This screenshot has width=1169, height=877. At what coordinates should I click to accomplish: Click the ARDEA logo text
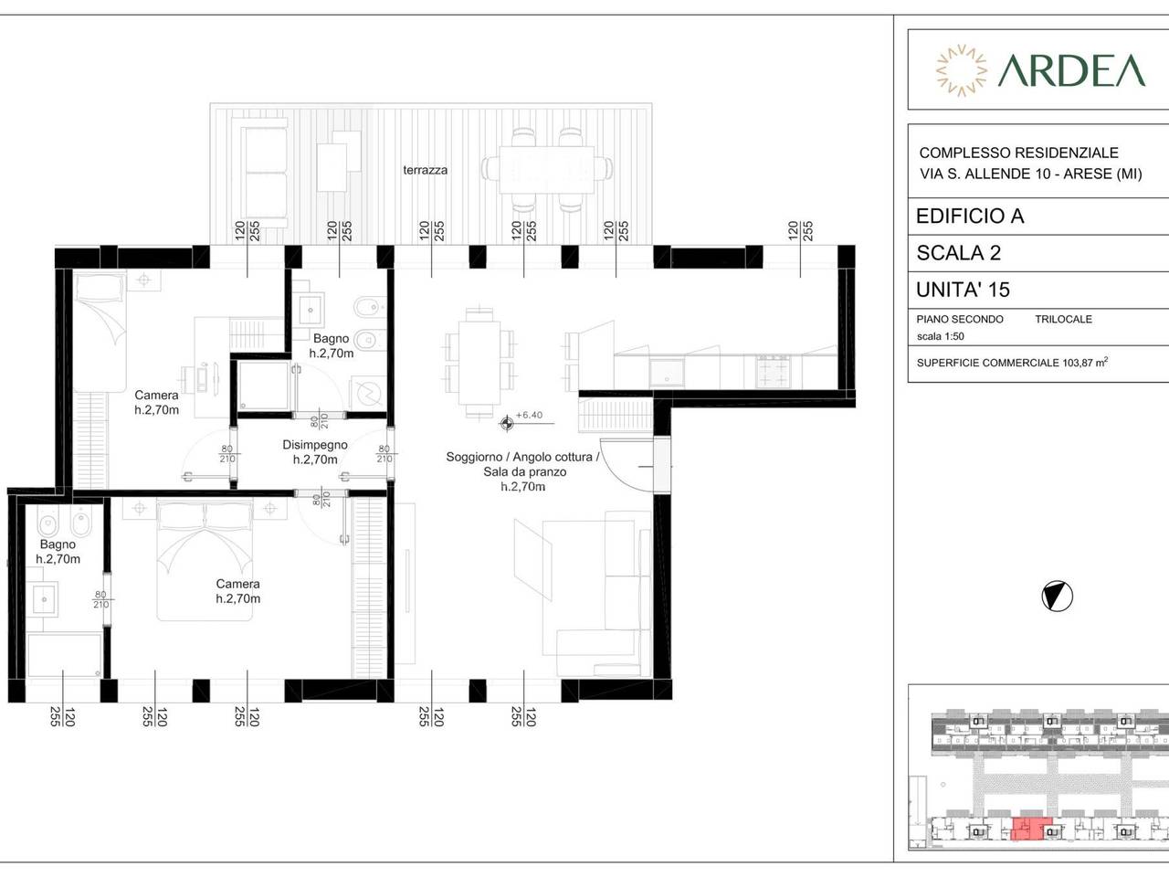[x=1071, y=70]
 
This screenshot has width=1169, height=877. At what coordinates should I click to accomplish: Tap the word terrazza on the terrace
[x=425, y=171]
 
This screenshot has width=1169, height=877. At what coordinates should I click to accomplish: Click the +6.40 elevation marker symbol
[x=507, y=424]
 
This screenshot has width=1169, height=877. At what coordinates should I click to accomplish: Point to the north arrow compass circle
[x=1058, y=597]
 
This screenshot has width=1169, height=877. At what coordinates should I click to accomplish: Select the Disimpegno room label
[x=315, y=445]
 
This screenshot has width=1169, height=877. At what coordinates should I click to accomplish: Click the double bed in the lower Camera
[x=205, y=559]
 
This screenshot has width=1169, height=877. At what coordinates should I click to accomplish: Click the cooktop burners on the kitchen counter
[x=773, y=372]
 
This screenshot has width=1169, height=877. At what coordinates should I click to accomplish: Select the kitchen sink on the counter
[x=667, y=372]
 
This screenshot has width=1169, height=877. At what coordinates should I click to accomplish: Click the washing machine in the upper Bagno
[x=368, y=393]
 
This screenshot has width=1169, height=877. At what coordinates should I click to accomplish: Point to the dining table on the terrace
[x=546, y=169]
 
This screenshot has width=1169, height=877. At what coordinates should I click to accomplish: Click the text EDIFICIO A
[x=970, y=217]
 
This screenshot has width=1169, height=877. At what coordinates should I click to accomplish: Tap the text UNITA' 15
[x=963, y=290]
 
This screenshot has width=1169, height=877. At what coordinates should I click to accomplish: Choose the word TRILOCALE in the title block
[x=1064, y=320]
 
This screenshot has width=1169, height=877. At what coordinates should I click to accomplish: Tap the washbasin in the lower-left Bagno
[x=44, y=599]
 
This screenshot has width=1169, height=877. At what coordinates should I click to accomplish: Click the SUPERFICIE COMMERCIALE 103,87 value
[x=1012, y=363]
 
